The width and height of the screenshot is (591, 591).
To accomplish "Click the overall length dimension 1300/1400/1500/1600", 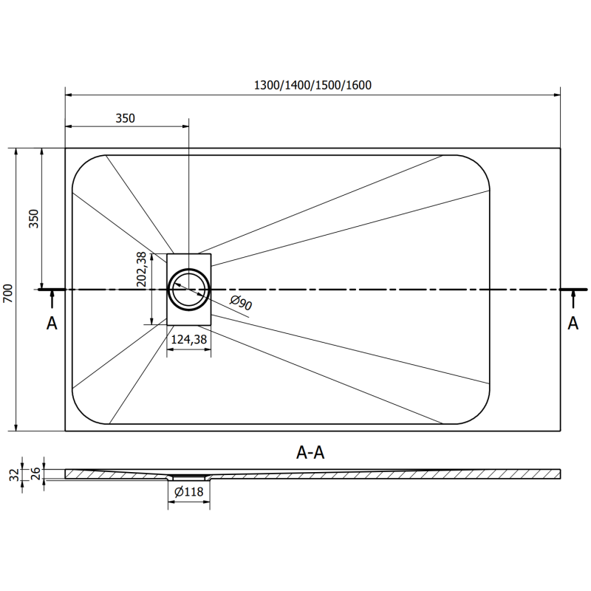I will click(312, 85).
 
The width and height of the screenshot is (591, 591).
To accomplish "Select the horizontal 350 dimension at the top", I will click(126, 117).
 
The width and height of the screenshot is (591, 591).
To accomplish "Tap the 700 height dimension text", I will click(8, 293).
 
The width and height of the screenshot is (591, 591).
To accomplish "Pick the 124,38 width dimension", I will click(188, 339).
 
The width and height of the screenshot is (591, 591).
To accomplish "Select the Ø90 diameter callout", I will click(242, 303).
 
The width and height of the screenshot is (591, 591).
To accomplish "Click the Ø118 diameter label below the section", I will click(189, 492).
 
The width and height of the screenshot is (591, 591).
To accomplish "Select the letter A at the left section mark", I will click(52, 323).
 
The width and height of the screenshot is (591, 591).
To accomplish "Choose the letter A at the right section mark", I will click(573, 323).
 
